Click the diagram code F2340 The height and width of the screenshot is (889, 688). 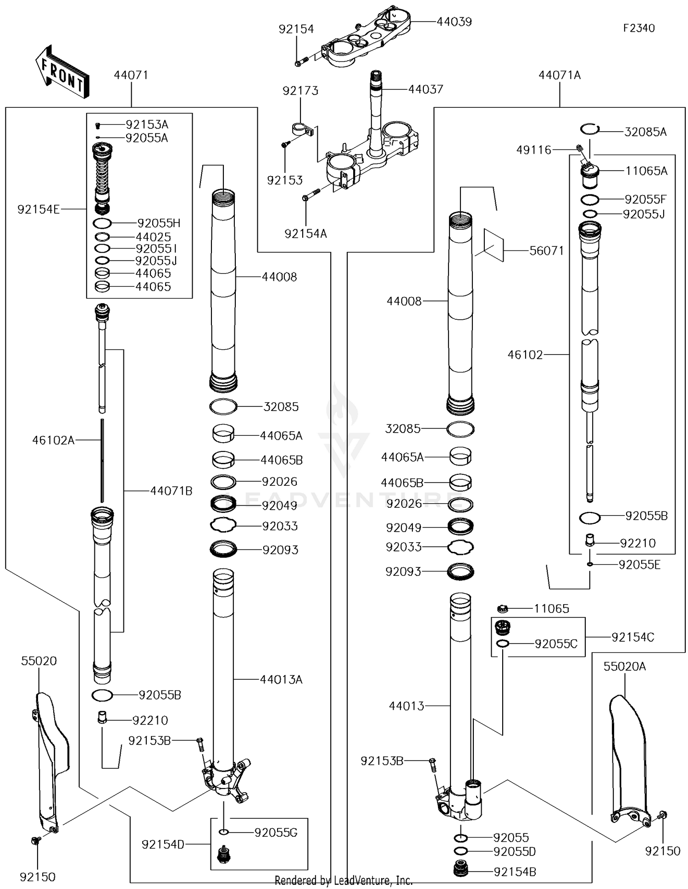point(638,28)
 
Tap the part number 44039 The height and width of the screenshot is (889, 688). point(454,22)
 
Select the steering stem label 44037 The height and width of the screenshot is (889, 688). point(426,89)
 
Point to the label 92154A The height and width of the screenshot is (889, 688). point(305,234)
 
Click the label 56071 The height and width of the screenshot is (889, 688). point(546,251)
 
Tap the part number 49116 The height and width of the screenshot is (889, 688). point(533,150)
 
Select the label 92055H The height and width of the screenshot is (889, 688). point(159,223)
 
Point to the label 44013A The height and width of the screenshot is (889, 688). point(281,680)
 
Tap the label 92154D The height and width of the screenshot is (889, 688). point(162,845)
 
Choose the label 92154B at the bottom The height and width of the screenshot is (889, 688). point(515,872)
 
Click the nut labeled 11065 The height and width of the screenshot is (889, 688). point(502,609)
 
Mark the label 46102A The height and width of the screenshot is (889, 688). point(53,440)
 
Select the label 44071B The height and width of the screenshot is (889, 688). point(171,491)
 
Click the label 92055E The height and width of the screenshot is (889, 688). point(639,565)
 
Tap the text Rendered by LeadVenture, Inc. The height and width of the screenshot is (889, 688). point(344,880)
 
